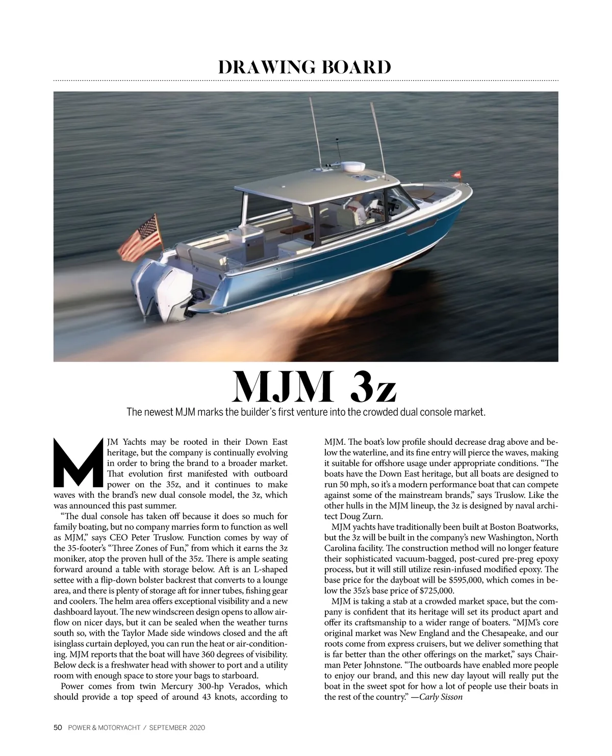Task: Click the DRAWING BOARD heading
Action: coord(305,67)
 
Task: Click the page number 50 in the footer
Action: coord(58,728)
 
